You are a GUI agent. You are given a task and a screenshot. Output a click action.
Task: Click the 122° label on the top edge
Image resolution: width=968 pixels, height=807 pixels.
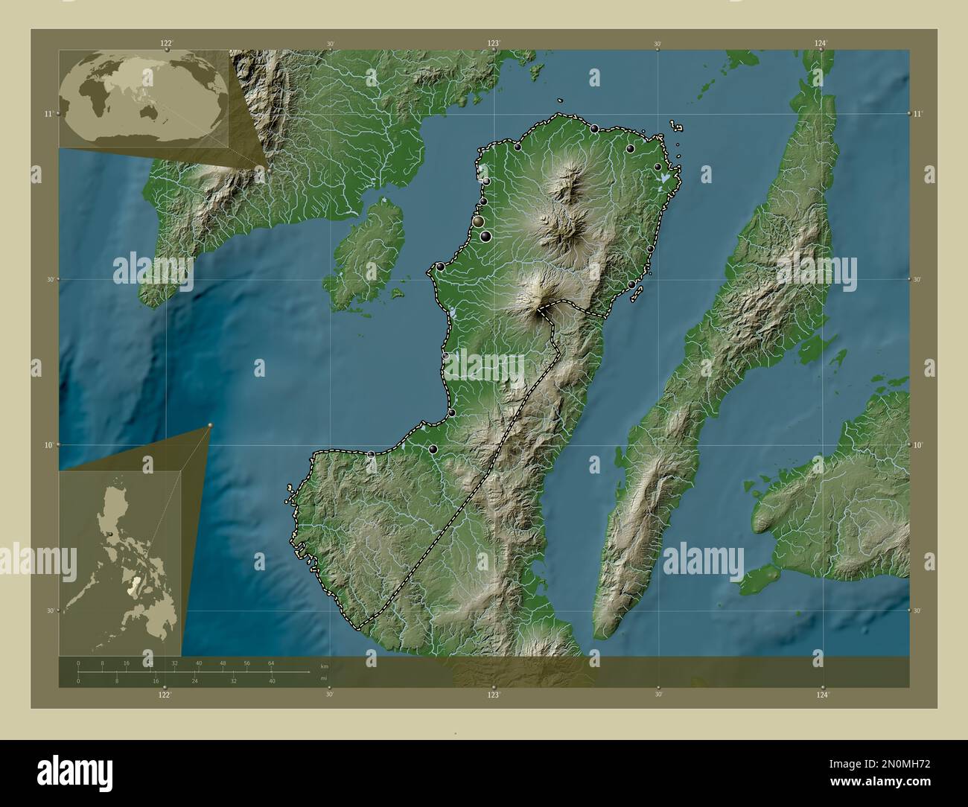[166, 43]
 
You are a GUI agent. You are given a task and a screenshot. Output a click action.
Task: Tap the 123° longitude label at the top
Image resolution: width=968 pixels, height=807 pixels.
[493, 43]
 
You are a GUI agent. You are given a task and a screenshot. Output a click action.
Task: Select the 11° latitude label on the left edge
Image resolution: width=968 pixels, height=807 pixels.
[47, 113]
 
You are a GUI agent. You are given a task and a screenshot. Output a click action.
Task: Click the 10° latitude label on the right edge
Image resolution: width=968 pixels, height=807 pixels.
[918, 444]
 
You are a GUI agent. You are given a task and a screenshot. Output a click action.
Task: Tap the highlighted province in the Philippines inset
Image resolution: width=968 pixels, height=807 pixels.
[133, 588]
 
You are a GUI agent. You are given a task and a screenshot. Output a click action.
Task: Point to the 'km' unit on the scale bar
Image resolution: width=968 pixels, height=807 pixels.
[323, 665]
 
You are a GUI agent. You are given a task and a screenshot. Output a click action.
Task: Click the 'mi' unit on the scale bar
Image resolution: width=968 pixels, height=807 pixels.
[323, 678]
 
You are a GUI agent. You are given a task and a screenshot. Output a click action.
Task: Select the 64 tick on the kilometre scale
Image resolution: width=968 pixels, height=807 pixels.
[271, 663]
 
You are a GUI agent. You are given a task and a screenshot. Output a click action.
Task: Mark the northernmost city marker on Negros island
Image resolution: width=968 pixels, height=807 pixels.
[594, 129]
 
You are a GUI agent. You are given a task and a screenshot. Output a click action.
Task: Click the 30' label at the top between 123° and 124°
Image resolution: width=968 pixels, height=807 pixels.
[657, 45]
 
